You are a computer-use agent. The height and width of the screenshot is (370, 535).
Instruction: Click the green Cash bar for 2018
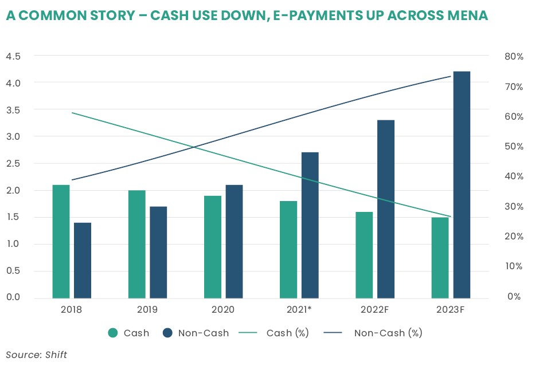[x=61, y=241]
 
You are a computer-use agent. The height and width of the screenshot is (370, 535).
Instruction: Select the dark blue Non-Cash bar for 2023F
[x=462, y=184]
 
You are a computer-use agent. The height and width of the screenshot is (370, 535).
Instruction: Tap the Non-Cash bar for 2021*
[x=310, y=225]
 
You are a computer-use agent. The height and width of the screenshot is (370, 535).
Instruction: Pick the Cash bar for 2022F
[x=364, y=255]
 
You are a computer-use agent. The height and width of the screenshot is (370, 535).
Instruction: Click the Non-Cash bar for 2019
[x=158, y=252]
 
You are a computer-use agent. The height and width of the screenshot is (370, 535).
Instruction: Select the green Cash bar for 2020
[x=213, y=247]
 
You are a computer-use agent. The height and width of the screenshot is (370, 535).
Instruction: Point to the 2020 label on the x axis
[x=223, y=310]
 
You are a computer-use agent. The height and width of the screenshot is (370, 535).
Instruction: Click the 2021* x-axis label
[x=299, y=310]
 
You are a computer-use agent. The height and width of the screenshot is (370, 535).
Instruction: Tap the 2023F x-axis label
[x=450, y=310]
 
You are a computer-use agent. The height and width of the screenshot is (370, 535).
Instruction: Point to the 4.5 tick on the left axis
[x=13, y=56]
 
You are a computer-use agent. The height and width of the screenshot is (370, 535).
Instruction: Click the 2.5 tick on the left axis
[x=13, y=163]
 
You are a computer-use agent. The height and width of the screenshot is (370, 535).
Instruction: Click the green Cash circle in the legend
[x=113, y=333]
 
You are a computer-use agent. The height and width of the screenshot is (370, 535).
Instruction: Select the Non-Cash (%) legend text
[x=388, y=333]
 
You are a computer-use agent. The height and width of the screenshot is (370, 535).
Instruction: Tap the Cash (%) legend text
[x=287, y=333]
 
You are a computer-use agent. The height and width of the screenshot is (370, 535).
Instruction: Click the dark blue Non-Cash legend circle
[x=167, y=333]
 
